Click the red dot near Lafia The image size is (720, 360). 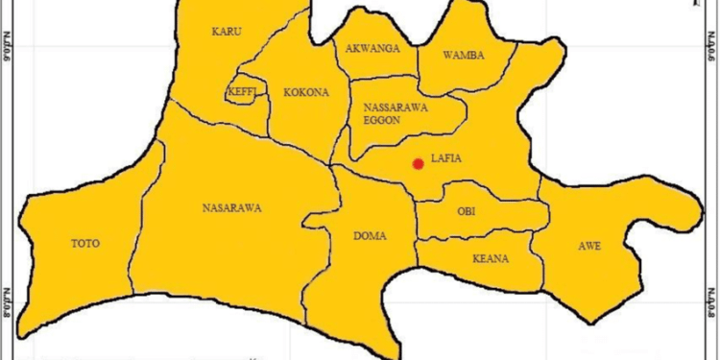(x=418, y=164)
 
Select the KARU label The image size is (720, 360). (x=227, y=32)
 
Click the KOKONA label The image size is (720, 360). (x=305, y=92)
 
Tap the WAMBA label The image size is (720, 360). (x=464, y=55)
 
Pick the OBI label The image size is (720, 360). (x=467, y=210)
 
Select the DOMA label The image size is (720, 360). (x=370, y=235)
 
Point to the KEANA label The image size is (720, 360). (x=490, y=259)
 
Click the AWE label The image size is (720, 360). (x=589, y=247)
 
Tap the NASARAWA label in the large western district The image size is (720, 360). (x=232, y=207)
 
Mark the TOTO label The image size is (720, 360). (x=85, y=243)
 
